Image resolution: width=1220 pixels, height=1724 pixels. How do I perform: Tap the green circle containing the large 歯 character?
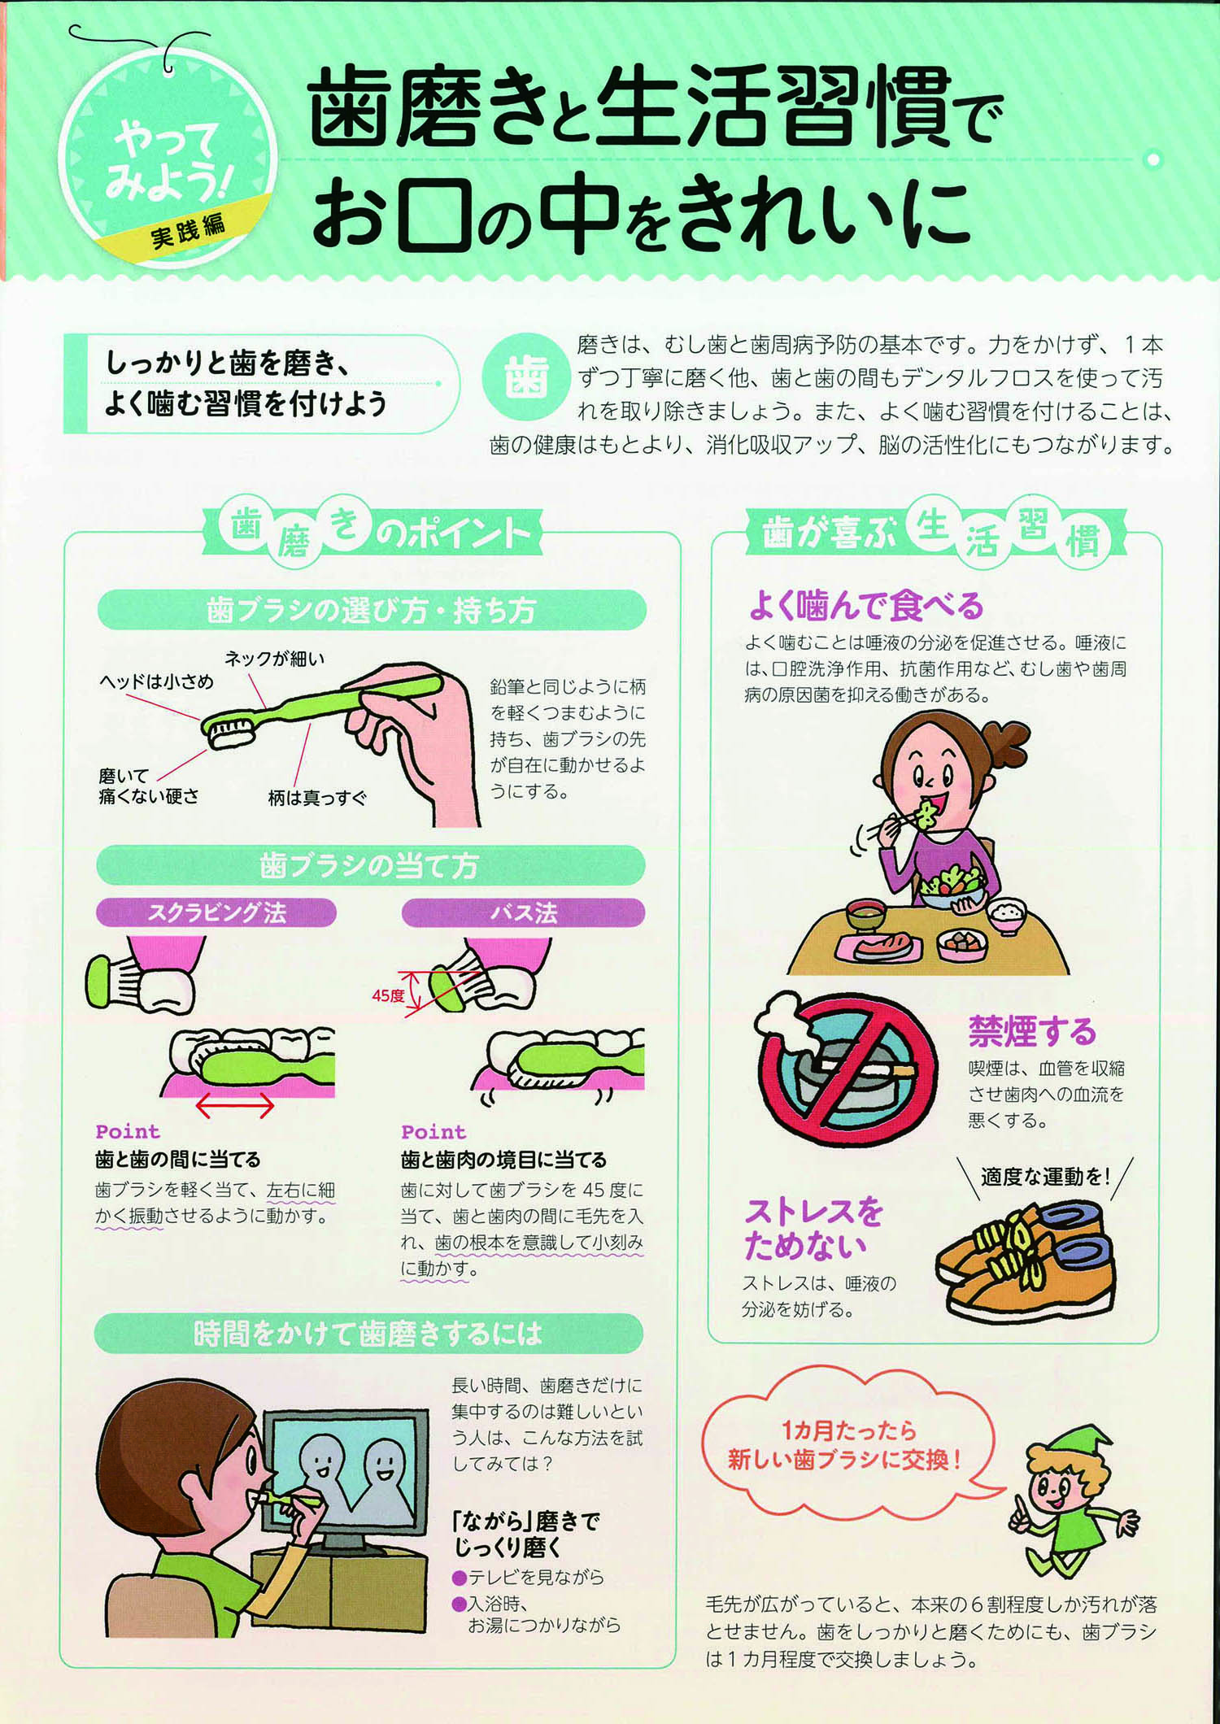tap(526, 377)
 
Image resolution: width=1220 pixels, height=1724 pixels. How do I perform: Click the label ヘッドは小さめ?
tap(156, 681)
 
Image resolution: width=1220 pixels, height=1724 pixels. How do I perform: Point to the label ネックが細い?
tap(274, 659)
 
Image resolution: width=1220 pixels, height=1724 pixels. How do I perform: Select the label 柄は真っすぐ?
tap(317, 798)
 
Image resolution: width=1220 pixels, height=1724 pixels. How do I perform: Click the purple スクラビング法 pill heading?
tap(216, 912)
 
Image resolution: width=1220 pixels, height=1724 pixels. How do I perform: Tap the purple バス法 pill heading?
tap(523, 912)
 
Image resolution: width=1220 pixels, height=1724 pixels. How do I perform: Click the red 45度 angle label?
tap(388, 995)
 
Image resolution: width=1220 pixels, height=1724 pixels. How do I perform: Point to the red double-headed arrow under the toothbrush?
tap(235, 1106)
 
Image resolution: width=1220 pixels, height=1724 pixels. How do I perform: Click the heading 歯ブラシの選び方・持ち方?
tap(372, 610)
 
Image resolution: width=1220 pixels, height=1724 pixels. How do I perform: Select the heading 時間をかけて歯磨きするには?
tap(368, 1334)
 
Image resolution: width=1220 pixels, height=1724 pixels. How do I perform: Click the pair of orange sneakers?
tap(1026, 1261)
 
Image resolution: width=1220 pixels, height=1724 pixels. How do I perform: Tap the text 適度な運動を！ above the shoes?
tap(1044, 1177)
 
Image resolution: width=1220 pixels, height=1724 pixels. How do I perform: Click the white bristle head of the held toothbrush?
tap(230, 732)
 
